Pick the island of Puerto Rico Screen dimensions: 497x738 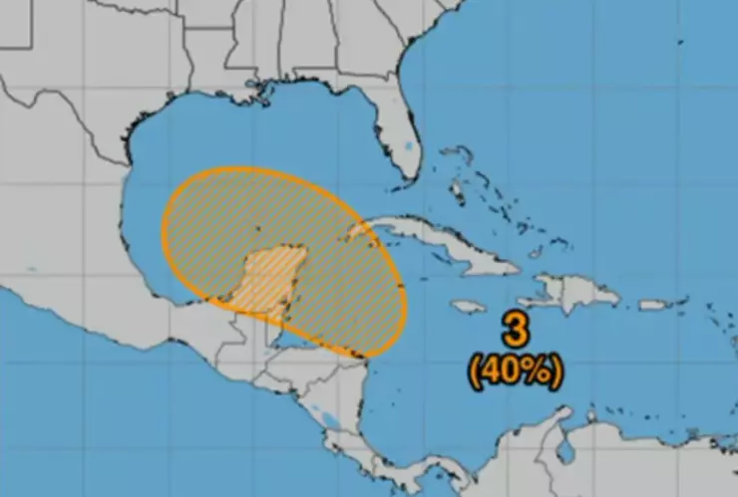click(653, 304)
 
